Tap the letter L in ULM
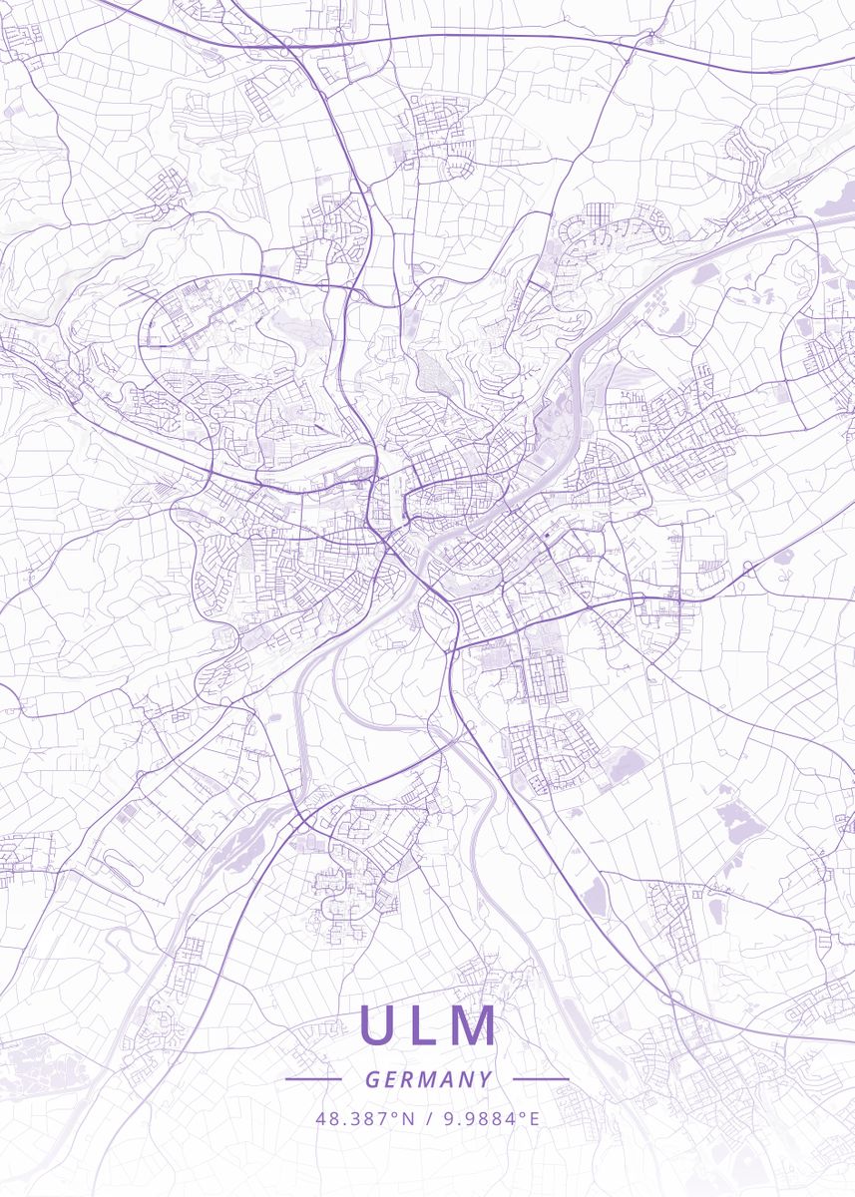click(x=426, y=1024)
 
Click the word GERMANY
click(x=428, y=1079)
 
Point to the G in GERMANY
click(x=372, y=1079)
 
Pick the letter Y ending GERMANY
click(x=485, y=1079)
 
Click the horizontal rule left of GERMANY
click(x=313, y=1079)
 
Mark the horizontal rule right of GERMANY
click(x=541, y=1079)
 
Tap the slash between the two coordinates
click(x=427, y=1118)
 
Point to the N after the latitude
click(x=408, y=1118)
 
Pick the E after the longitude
click(x=534, y=1118)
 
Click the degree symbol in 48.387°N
click(x=397, y=1113)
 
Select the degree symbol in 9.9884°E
click(x=523, y=1113)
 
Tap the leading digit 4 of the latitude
click(x=320, y=1118)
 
